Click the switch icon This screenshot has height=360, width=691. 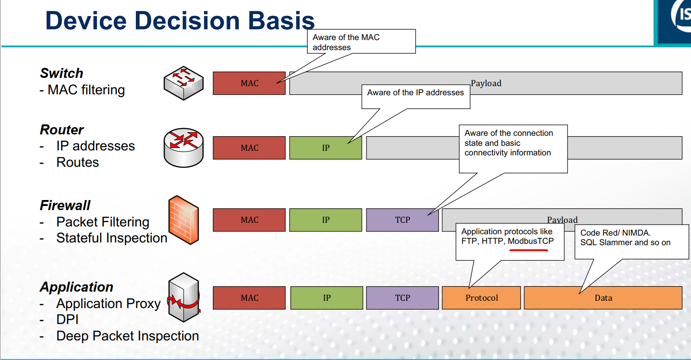[x=183, y=82]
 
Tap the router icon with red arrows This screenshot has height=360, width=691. [x=183, y=147]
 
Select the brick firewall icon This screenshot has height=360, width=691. [x=183, y=220]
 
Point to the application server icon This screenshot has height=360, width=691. [x=184, y=297]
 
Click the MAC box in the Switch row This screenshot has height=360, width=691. [x=249, y=83]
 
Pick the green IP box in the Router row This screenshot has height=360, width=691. [x=325, y=148]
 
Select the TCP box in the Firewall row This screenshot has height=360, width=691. [x=402, y=220]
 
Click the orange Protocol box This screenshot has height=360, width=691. [x=481, y=298]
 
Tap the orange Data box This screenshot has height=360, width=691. [x=603, y=298]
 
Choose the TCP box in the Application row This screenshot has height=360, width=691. [x=402, y=298]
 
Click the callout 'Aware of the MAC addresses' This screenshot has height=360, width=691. [x=361, y=42]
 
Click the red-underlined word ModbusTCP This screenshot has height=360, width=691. [x=531, y=242]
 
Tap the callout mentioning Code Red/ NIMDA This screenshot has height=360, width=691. [x=631, y=238]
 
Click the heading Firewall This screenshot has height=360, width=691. [x=65, y=205]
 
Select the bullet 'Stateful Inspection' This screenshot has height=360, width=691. [x=111, y=238]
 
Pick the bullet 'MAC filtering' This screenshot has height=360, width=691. [x=86, y=90]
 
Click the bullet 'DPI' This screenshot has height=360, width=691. [x=67, y=319]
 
